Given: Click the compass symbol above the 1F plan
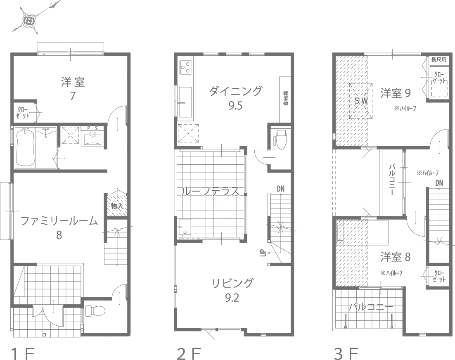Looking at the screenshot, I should pos(29,19).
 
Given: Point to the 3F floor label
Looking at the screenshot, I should pos(346,354).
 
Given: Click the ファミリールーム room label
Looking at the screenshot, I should pos(59,221).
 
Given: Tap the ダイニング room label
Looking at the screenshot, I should pos(235,91).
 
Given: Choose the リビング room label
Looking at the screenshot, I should pos(232,283).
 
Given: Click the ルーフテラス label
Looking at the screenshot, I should pos(211,191).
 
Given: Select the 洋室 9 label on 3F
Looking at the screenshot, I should pos(395,93).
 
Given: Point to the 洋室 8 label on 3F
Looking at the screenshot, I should pos(395,257).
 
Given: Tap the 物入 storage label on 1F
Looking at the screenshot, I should pos(117,205).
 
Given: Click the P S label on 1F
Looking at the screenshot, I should pos(92,128).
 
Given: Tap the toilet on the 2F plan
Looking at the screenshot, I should pos(280,139).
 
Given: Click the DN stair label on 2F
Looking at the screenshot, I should pos(281,189).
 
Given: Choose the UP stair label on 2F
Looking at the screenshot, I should pos(262,253).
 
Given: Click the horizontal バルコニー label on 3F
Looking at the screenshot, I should pos(371,307).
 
